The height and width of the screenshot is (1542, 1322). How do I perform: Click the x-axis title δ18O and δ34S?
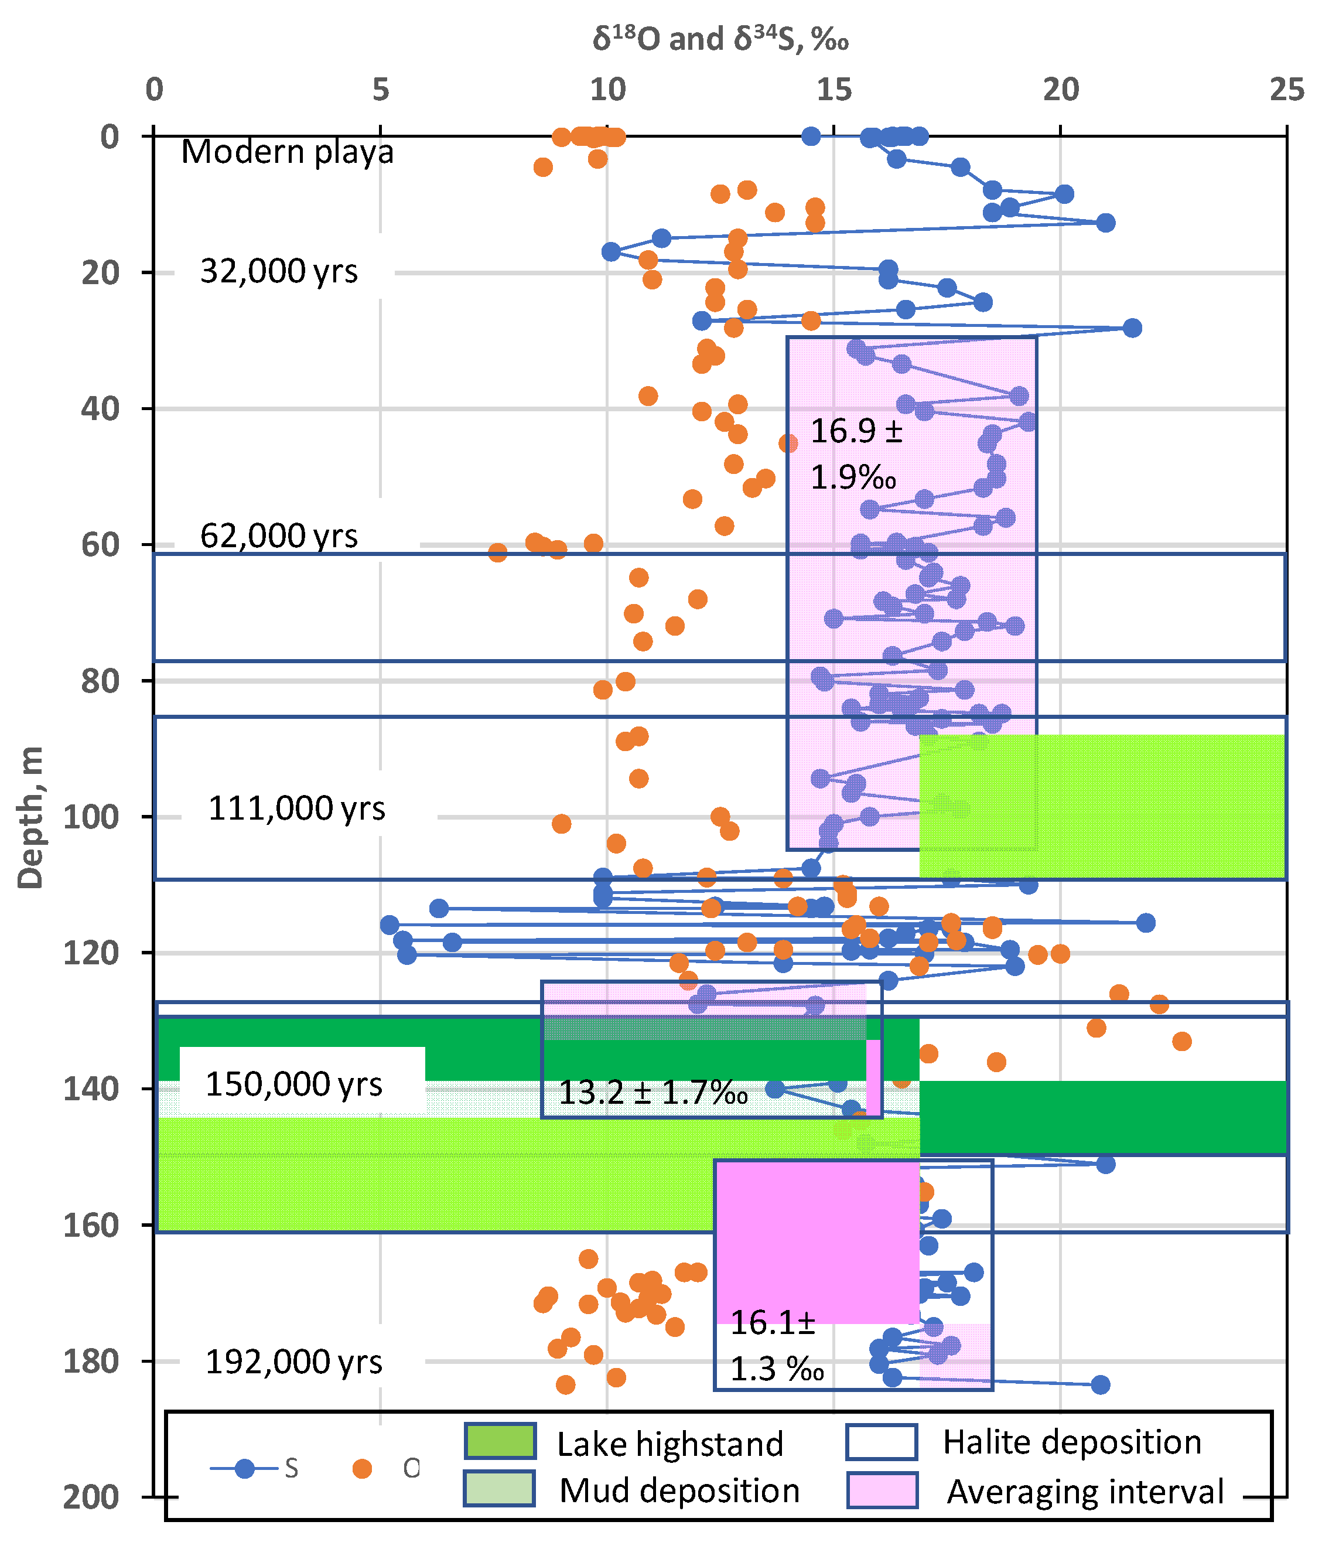point(720,39)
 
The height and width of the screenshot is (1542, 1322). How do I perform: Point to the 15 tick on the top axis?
point(834,90)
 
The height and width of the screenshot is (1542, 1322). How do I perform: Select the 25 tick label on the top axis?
point(1286,90)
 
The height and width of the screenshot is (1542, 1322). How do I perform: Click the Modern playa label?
point(287,152)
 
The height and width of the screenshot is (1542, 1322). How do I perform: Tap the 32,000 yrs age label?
point(279,272)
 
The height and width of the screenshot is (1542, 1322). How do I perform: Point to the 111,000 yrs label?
point(296,808)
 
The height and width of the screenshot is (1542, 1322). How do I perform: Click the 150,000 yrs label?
point(294,1084)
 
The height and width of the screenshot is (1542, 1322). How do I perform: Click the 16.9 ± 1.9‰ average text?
point(856,454)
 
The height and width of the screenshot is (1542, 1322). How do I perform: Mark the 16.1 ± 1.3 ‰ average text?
point(776,1346)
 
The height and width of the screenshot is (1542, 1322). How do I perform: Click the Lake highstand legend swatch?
point(500,1441)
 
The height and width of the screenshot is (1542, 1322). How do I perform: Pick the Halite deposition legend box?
point(882,1441)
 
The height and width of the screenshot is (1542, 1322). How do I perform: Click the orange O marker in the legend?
point(363,1468)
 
